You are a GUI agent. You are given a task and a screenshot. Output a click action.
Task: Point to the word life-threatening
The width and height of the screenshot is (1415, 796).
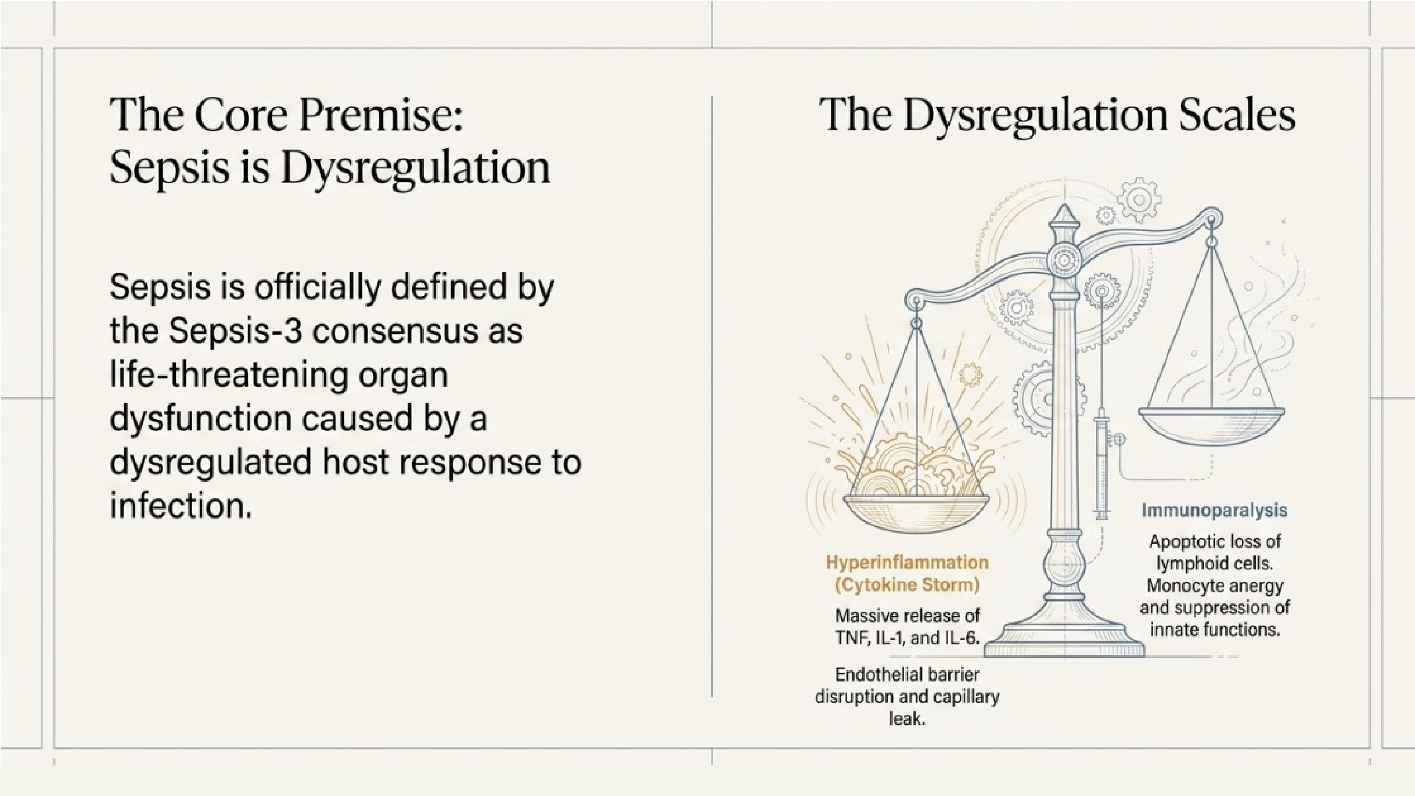[x=229, y=375]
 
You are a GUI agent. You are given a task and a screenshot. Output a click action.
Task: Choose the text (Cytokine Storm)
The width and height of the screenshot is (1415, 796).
[x=907, y=585]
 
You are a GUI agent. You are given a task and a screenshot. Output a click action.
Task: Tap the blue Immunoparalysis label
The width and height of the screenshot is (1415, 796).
[x=1214, y=510]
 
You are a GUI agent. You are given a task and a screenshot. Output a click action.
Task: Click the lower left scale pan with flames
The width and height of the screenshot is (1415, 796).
[x=916, y=508]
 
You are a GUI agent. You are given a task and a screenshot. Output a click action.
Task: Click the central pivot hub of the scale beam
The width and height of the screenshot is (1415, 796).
[x=1064, y=259]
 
